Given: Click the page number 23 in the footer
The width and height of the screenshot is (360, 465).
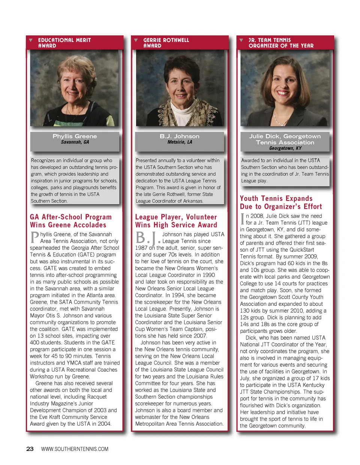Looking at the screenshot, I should pyautogui.click(x=30, y=449).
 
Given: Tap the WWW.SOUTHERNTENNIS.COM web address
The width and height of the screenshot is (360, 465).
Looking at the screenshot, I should pyautogui.click(x=75, y=449).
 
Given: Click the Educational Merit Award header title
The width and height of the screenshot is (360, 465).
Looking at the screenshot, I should pyautogui.click(x=64, y=43).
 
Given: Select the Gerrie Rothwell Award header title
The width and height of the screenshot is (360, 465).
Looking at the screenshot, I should pyautogui.click(x=166, y=43).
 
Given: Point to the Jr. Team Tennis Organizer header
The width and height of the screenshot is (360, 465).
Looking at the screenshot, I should pyautogui.click(x=281, y=43).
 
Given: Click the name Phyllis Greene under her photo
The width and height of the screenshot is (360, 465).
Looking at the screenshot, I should pyautogui.click(x=75, y=136).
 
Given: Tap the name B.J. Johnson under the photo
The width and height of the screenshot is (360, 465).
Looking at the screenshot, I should pyautogui.click(x=179, y=136).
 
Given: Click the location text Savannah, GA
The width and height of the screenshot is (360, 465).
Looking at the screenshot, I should pyautogui.click(x=75, y=142).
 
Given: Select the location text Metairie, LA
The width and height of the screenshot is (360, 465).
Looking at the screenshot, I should pyautogui.click(x=180, y=142).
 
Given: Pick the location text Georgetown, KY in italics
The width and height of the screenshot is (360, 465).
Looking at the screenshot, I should pyautogui.click(x=285, y=148).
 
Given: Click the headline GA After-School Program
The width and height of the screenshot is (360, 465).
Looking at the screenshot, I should pyautogui.click(x=71, y=217).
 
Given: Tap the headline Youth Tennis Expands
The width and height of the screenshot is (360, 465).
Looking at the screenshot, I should pyautogui.click(x=276, y=199).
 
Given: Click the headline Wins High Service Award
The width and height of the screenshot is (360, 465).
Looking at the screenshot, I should pyautogui.click(x=176, y=225).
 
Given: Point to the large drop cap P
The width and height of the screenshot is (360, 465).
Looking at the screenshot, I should pyautogui.click(x=34, y=238).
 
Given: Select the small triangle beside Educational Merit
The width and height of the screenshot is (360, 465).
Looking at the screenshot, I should pyautogui.click(x=31, y=40).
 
